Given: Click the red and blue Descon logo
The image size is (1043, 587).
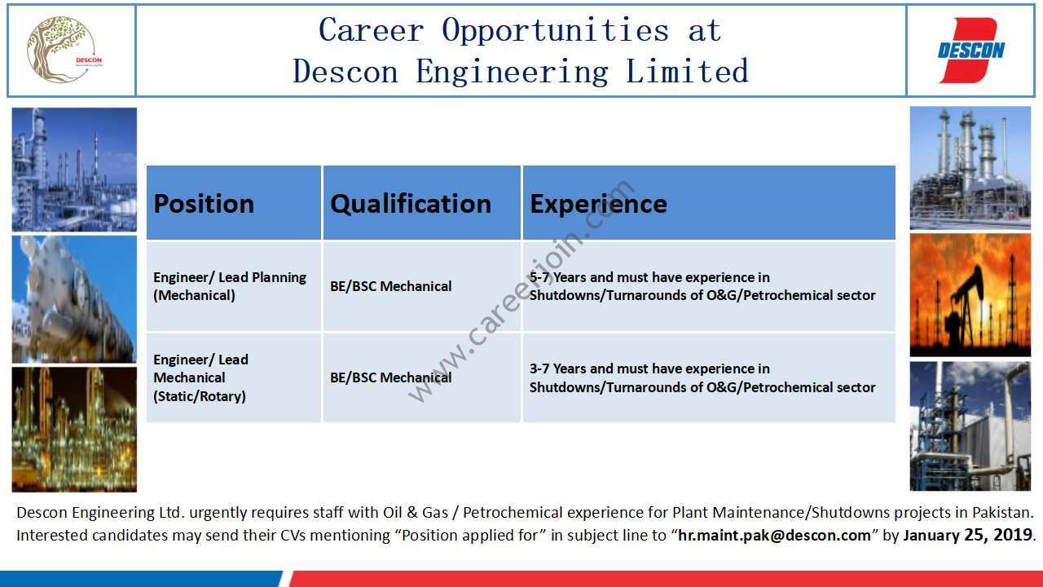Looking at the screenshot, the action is pos(970,51).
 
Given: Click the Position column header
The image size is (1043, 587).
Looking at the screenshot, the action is pos(234,203).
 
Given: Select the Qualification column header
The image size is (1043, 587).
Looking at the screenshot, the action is pos(422,203).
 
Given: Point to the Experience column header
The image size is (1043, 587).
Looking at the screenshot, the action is pos(709,203).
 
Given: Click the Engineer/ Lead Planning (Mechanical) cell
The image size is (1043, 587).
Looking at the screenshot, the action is pos(234,286).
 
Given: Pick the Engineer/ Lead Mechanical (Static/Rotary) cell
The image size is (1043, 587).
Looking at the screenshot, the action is pos(234,377).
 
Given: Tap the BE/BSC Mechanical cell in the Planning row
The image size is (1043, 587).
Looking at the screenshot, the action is pos(422,286).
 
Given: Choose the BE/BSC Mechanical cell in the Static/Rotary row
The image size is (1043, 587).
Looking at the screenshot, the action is pos(422,377).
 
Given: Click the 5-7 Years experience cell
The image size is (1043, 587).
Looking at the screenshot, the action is pos(709,286).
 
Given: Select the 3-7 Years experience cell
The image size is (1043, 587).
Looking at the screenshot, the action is pos(709,377).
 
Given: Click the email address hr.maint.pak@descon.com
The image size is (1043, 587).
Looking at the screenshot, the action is pos(774,536).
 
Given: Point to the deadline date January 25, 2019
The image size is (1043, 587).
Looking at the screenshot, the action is pos(968,536).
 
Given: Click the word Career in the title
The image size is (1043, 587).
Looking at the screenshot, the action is pos(371,30).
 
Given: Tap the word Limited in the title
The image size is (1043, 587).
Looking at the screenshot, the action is pos(687,71).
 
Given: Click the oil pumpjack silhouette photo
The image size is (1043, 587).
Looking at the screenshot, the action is pos(970,295).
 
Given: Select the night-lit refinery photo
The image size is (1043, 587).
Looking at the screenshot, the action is pos(74,430).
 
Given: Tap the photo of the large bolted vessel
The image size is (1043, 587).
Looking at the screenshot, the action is pos(74,299).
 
